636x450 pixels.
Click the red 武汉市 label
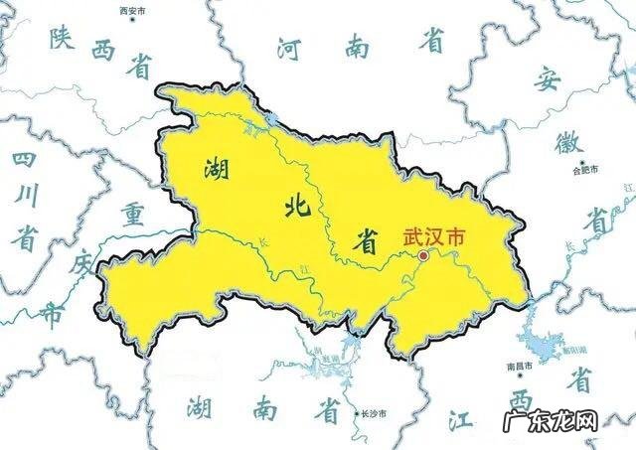pyautogui.click(x=434, y=238)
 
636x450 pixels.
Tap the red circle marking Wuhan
pyautogui.click(x=424, y=255)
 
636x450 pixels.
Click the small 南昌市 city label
pyautogui.click(x=520, y=366)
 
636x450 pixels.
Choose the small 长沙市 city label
pyautogui.click(x=371, y=413)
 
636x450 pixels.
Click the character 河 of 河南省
pyautogui.click(x=289, y=46)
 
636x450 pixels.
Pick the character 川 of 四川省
pyautogui.click(x=27, y=198)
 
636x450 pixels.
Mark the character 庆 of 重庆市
pyautogui.click(x=84, y=265)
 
